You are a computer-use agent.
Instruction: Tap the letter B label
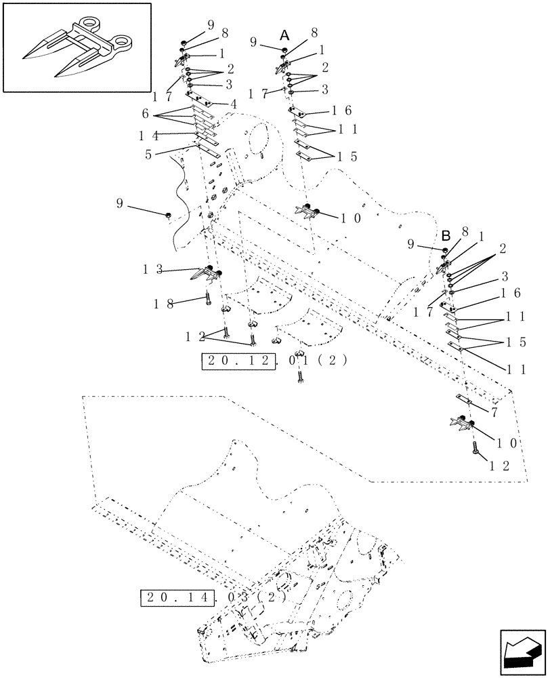(x=446, y=236)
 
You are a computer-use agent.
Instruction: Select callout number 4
(x=233, y=104)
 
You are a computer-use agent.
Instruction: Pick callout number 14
(x=149, y=135)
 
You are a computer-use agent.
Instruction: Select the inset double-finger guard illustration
(x=77, y=47)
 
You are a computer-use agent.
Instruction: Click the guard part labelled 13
(x=208, y=275)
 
